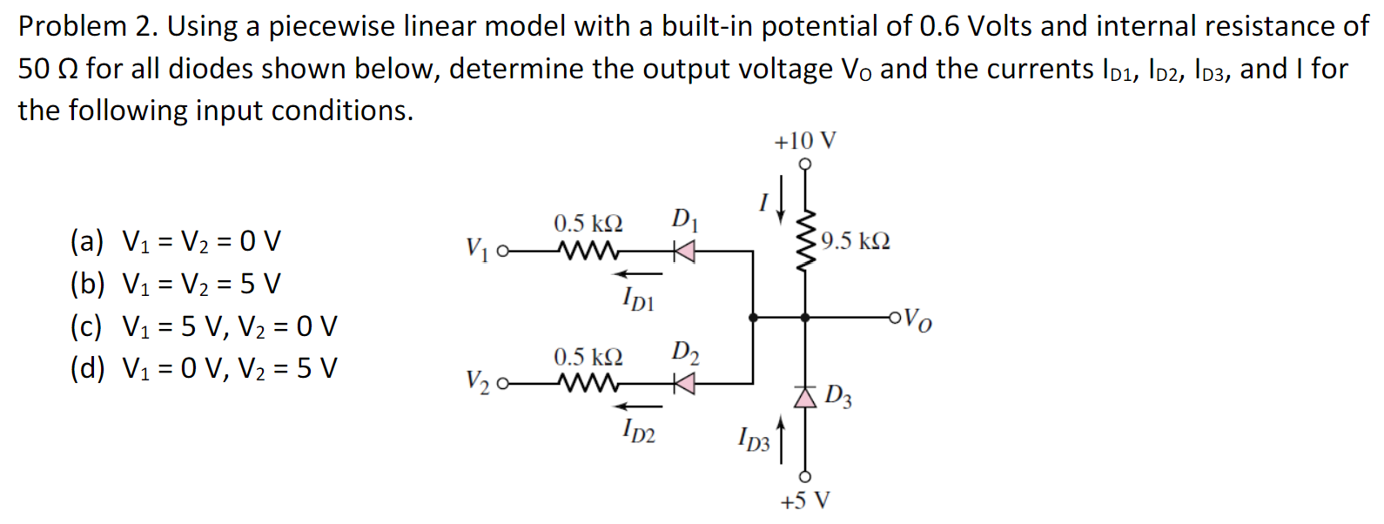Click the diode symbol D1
[x=685, y=252]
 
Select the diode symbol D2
[x=685, y=383]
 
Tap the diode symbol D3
[x=805, y=397]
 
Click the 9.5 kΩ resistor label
[x=855, y=241]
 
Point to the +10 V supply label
[x=804, y=141]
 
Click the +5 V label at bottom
[x=805, y=500]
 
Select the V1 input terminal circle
[x=501, y=252]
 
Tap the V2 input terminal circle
[x=501, y=383]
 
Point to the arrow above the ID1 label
[x=641, y=274]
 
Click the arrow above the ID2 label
[x=641, y=406]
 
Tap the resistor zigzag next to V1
[x=588, y=252]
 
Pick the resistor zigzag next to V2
[x=588, y=383]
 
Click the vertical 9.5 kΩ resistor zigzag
[x=805, y=240]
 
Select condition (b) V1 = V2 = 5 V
[x=176, y=284]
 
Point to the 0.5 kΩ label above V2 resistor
[x=588, y=357]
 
